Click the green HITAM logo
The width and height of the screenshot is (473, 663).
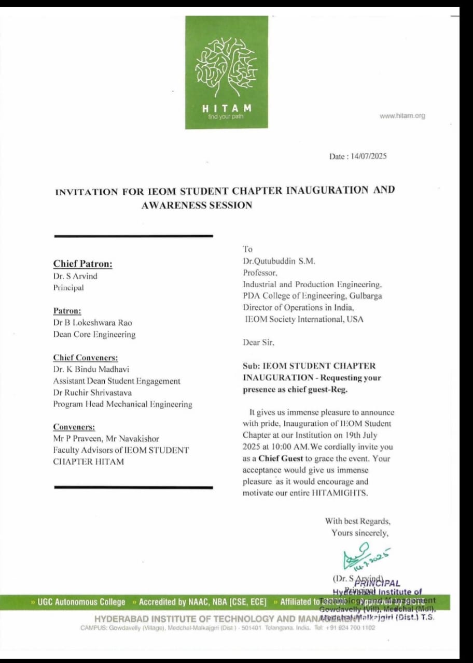[x=227, y=72]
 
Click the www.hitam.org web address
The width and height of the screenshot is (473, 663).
[x=402, y=116]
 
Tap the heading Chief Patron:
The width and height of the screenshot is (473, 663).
[x=82, y=264]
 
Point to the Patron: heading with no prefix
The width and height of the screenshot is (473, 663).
[x=67, y=311]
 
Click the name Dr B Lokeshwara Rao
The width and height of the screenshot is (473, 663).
[x=92, y=323]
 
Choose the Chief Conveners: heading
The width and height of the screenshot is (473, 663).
[x=86, y=358]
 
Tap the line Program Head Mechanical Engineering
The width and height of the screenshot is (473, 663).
[x=122, y=404]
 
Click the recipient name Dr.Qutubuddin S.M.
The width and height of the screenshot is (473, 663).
[x=279, y=261]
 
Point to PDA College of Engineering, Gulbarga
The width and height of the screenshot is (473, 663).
[x=312, y=296]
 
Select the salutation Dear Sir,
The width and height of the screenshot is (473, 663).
[x=258, y=342]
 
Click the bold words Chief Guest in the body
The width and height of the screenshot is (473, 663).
[x=281, y=458]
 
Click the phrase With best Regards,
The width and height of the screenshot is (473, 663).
[x=357, y=521]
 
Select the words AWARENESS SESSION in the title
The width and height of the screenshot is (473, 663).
[x=197, y=205]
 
